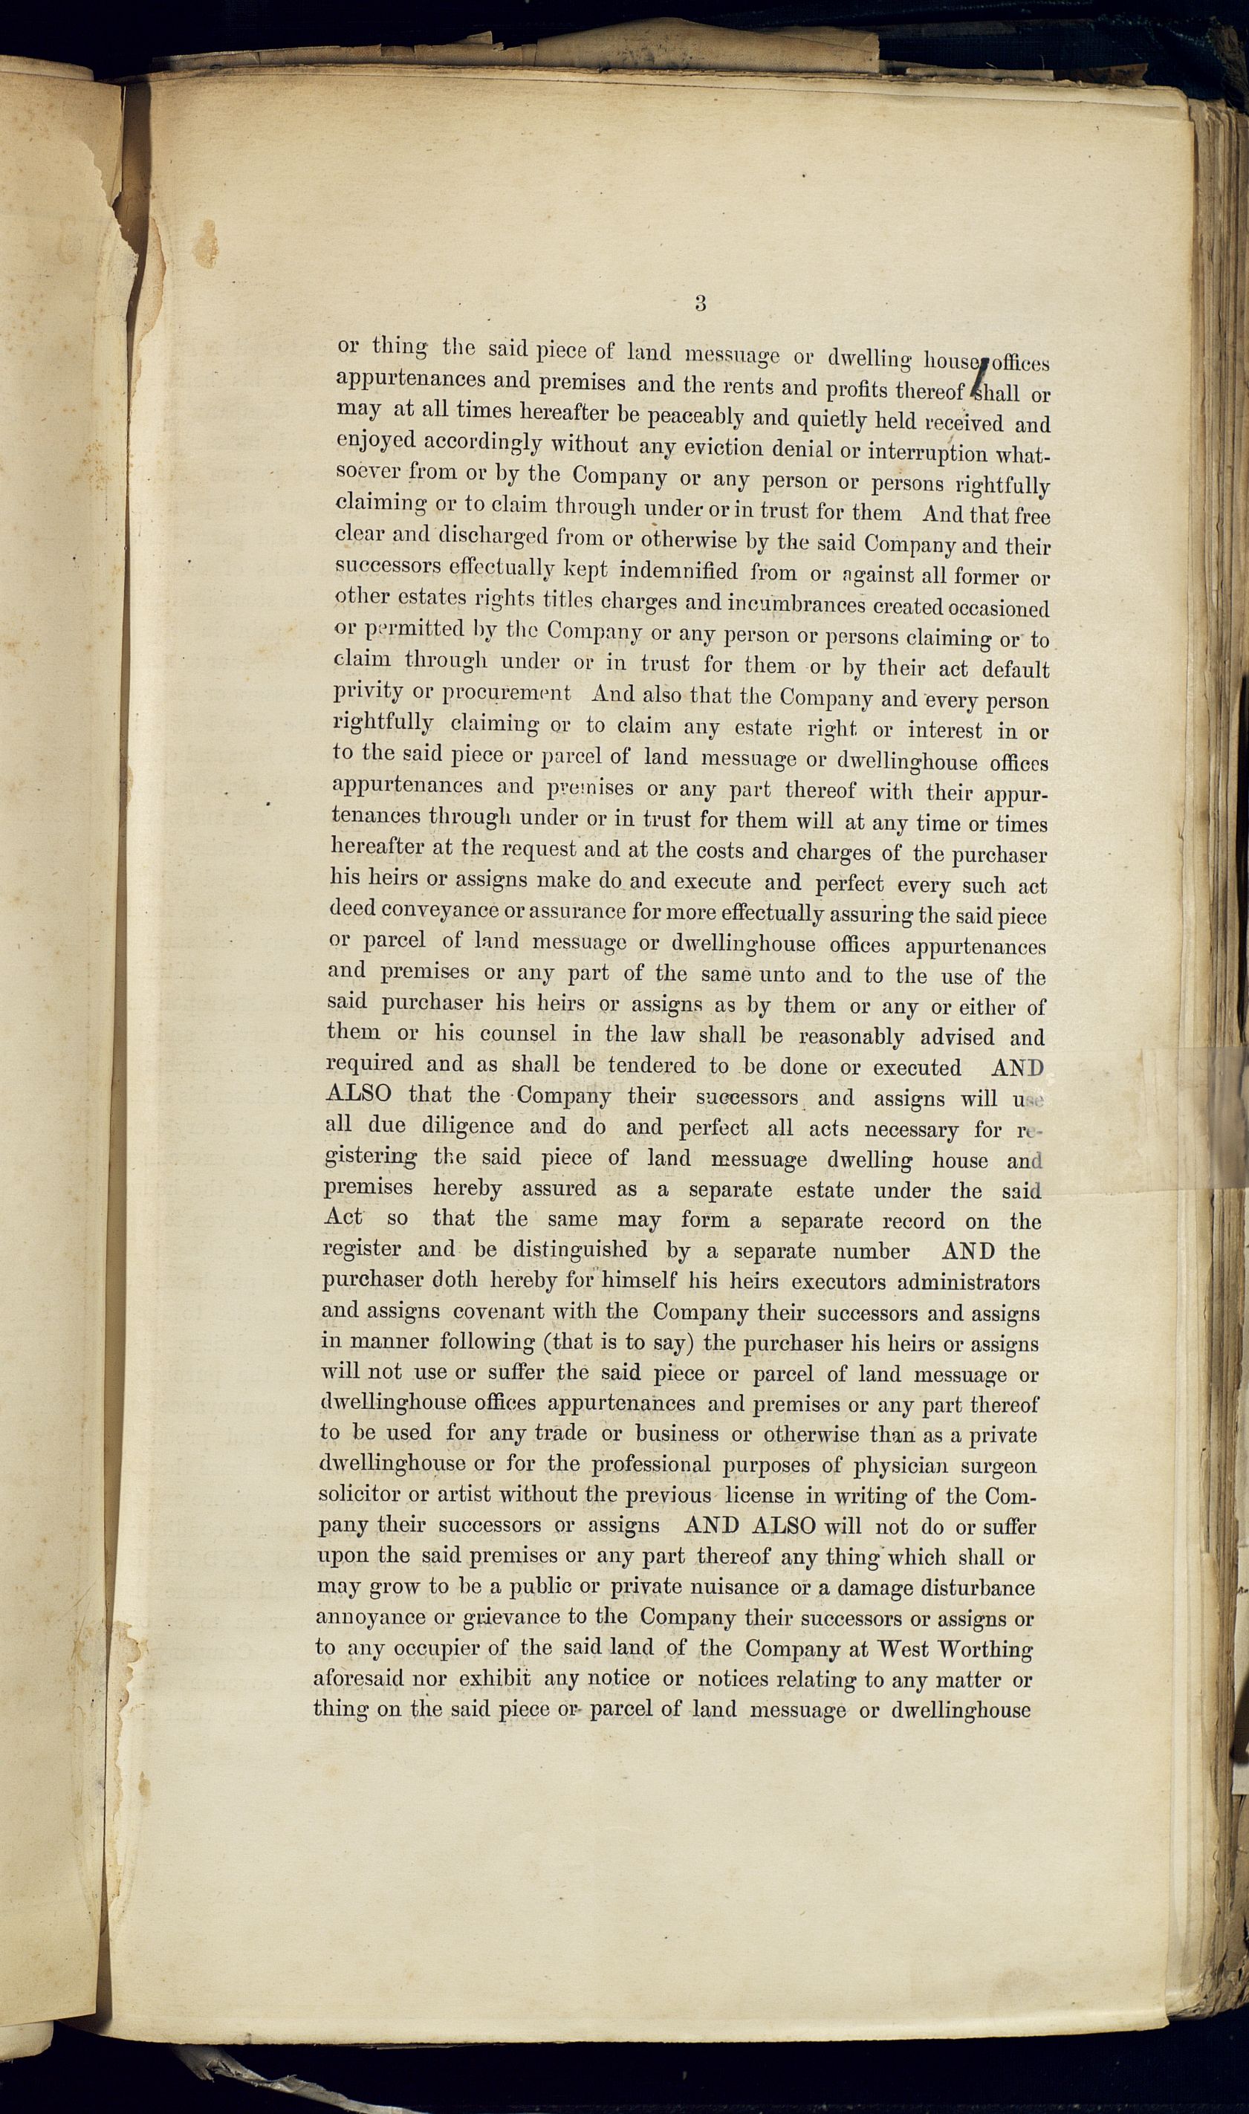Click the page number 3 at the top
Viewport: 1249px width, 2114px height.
point(700,304)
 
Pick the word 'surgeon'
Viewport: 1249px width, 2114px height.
point(999,1467)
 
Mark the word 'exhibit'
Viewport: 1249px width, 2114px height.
point(494,1678)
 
